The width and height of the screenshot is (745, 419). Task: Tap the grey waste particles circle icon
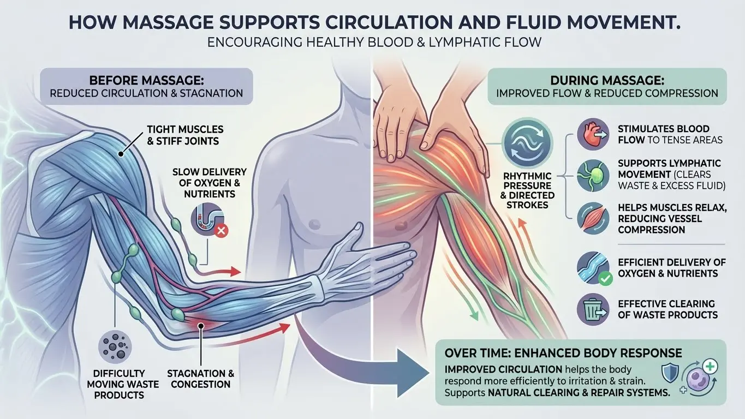(x=112, y=346)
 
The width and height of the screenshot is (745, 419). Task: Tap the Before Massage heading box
(x=146, y=86)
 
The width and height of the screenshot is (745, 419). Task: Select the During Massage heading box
(x=607, y=86)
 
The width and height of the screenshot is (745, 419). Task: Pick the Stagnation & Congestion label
(x=200, y=379)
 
